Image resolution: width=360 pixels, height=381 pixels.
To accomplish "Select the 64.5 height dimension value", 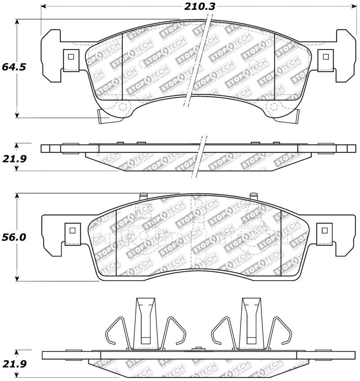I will click(x=14, y=68).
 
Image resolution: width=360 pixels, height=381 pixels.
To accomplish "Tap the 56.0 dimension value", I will click(x=14, y=237).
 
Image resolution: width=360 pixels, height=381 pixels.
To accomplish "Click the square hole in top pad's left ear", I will click(x=70, y=57).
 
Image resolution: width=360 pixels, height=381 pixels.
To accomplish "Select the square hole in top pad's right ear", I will click(x=325, y=57).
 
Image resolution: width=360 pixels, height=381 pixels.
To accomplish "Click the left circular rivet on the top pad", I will click(x=122, y=106).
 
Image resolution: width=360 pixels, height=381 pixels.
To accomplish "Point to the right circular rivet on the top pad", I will click(x=273, y=106).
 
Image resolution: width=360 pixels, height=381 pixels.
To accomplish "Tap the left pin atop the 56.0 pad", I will click(x=143, y=196).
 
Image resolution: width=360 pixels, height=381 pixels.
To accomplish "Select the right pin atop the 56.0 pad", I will click(x=253, y=196).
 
